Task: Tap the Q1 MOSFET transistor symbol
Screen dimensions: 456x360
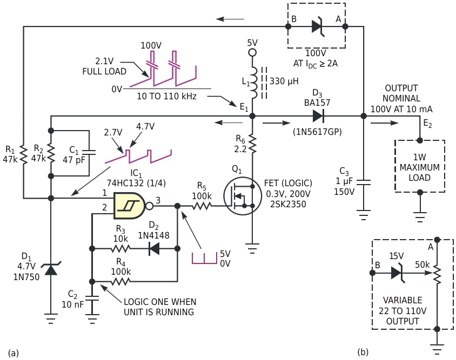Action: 242,196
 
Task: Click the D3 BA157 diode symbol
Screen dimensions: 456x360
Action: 318,116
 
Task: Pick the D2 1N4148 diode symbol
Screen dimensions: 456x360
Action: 154,249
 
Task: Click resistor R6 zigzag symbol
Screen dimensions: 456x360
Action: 252,144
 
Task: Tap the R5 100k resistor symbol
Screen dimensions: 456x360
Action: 202,206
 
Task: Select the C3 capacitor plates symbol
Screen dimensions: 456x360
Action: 364,182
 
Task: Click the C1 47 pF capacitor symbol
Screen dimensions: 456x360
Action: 89,153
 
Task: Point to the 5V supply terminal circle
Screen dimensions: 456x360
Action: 252,52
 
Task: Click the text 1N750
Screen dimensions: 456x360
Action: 26,277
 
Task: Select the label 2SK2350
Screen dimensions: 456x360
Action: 288,204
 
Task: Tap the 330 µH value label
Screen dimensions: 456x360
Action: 284,81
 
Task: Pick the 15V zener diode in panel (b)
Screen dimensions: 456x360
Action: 397,273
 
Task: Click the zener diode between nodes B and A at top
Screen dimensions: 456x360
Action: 318,26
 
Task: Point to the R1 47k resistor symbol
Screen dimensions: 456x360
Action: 24,155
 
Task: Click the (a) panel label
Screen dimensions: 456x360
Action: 14,353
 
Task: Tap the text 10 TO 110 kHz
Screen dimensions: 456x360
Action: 166,96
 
